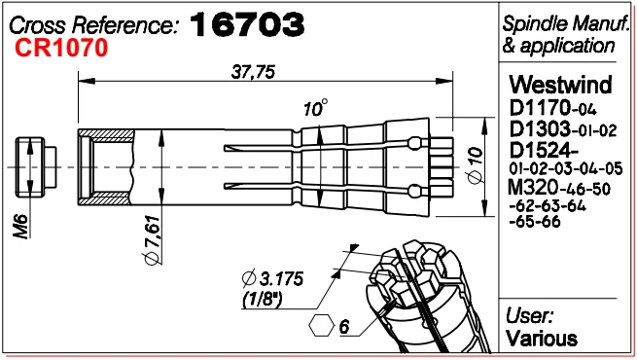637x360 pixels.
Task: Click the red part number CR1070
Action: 61,48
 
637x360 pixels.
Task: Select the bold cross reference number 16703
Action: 247,24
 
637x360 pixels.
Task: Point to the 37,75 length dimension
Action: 253,72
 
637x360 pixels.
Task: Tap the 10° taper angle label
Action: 316,108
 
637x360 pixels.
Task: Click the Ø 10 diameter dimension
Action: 476,165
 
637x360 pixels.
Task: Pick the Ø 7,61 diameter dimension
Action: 153,240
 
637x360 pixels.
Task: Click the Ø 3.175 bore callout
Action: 272,278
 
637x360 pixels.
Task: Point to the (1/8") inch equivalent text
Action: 263,301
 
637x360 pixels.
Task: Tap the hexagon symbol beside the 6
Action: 321,326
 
